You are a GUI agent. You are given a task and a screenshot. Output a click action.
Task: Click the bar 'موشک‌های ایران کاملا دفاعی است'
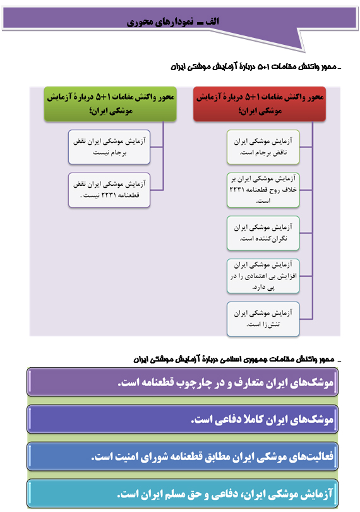click(183, 419)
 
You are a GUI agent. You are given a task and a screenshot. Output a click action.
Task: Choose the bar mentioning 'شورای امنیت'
click(183, 456)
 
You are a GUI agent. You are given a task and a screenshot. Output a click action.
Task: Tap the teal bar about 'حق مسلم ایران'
click(183, 492)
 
